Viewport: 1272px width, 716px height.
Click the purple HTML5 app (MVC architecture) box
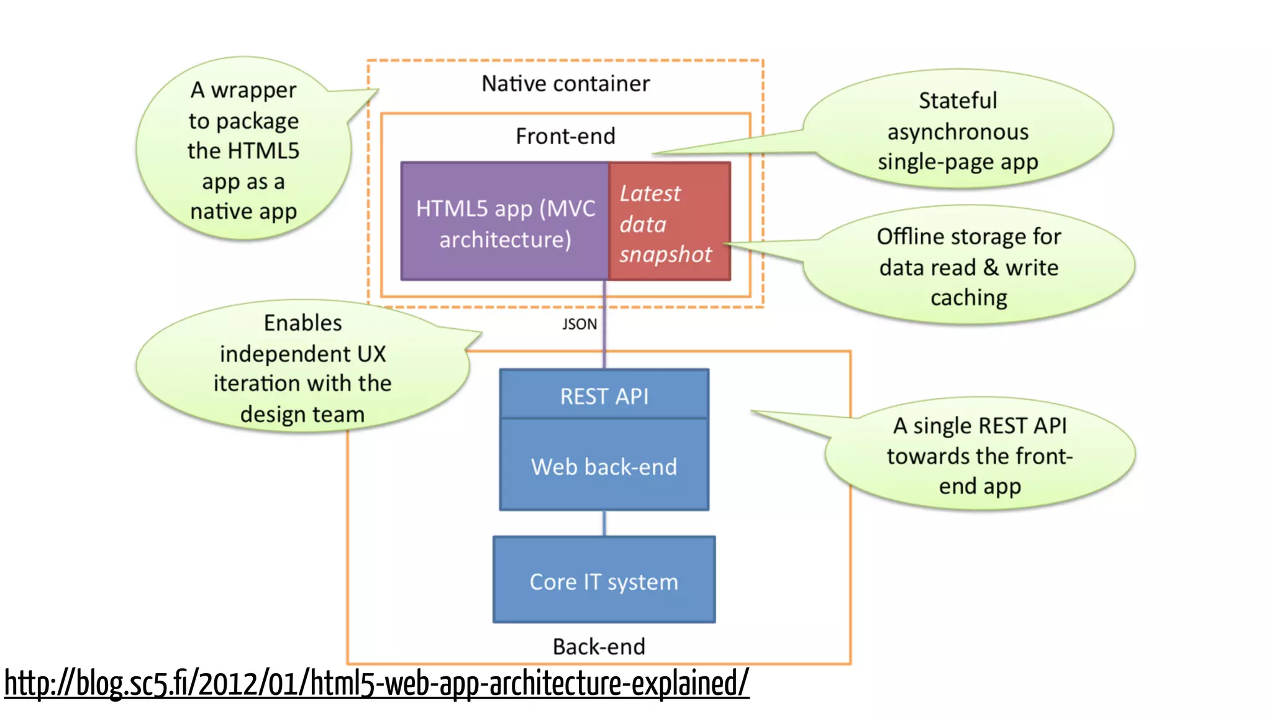coord(504,222)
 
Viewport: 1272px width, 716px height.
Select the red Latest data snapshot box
coord(670,222)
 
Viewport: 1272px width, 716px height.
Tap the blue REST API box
coord(604,395)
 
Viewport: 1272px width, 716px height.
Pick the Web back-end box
coord(604,466)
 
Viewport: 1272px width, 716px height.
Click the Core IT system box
coord(604,581)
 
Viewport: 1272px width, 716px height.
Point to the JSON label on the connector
coord(579,324)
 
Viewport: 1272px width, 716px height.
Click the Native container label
coord(565,83)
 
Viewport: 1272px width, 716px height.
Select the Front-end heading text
coord(565,136)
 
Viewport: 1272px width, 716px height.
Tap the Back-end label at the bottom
coord(599,646)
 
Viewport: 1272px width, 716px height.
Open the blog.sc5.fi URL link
coord(376,683)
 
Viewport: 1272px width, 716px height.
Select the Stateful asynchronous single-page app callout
coord(957,131)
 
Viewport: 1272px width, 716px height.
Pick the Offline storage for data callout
coord(968,267)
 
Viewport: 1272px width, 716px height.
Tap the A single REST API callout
coord(979,455)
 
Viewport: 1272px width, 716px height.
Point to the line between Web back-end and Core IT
coord(604,523)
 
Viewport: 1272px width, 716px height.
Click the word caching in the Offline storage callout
coord(968,298)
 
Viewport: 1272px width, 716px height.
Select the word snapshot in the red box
coord(665,254)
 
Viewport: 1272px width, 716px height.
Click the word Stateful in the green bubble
coord(957,100)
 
